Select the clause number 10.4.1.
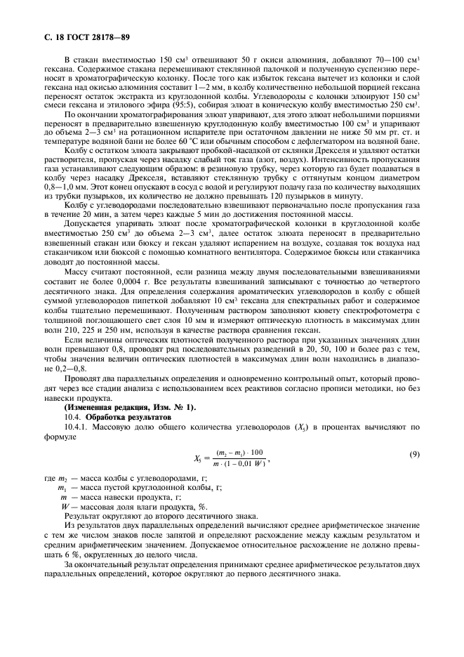pyautogui.click(x=75, y=426)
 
